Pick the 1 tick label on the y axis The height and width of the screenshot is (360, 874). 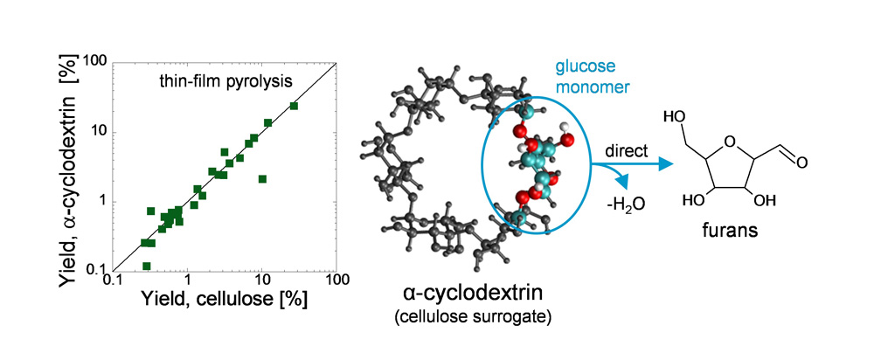coord(103,202)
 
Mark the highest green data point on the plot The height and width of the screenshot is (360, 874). coord(294,106)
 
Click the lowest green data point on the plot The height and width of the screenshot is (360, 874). coord(147,267)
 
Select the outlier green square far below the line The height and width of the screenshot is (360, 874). coord(262,179)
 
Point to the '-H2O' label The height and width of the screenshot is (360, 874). coord(630,204)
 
